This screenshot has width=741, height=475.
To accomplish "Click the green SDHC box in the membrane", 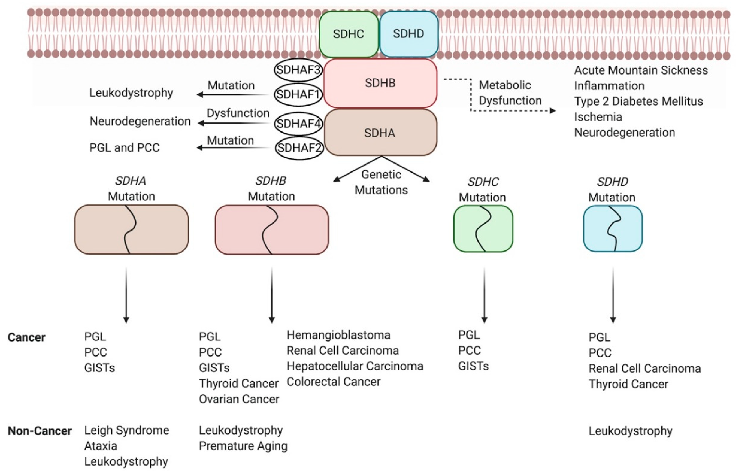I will tap(348, 34).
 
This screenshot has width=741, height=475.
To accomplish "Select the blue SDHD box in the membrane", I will tap(409, 34).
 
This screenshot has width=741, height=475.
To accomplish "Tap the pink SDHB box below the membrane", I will tap(380, 83).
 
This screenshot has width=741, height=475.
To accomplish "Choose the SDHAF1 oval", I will tap(298, 94).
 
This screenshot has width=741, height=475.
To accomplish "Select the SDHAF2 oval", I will tap(299, 148).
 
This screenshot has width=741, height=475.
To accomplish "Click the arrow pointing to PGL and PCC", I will tap(233, 148).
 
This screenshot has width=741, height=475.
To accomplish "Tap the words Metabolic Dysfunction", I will tap(510, 93).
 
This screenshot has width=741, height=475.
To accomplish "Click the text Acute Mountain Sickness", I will tap(641, 70).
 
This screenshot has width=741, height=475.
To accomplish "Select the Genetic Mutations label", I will tap(381, 182).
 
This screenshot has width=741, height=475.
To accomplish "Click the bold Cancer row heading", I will tap(27, 337).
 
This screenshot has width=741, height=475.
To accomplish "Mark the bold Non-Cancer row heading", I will tap(40, 431).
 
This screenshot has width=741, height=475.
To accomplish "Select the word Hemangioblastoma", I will tap(338, 335).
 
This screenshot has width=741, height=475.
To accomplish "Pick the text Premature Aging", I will tap(243, 446).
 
